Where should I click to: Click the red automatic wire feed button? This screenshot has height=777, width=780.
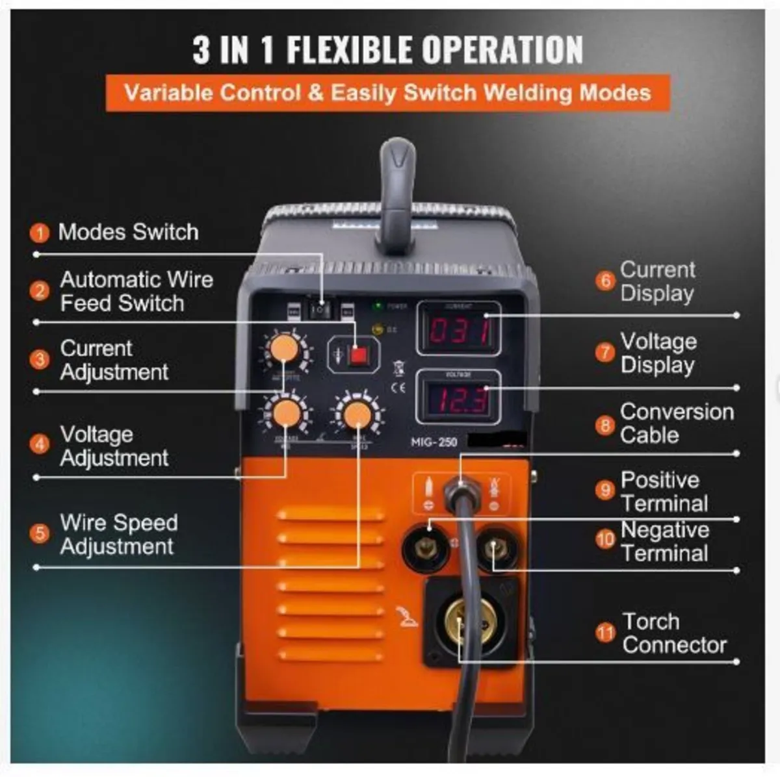[x=357, y=355]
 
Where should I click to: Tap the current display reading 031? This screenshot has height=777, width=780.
[x=459, y=330]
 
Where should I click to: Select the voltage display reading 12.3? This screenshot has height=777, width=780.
[x=459, y=399]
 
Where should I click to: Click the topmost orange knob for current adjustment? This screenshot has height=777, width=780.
[x=284, y=349]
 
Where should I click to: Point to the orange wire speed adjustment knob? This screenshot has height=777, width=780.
[x=356, y=414]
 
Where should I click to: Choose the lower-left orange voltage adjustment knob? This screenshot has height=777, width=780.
[x=285, y=413]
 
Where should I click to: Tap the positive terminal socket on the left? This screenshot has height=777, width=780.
[x=428, y=547]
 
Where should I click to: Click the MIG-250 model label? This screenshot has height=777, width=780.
[x=434, y=442]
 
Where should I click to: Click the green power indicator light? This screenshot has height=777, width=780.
[x=378, y=305]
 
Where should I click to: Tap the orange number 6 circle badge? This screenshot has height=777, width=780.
[x=605, y=281]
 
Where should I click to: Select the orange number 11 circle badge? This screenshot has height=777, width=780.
[x=605, y=633]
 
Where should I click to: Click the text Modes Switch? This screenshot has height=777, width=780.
[x=128, y=232]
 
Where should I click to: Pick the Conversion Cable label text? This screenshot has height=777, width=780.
[x=676, y=423]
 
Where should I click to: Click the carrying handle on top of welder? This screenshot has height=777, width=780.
[x=396, y=195]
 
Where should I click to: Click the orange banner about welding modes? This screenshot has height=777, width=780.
[x=387, y=93]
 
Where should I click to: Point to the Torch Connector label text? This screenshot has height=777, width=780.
[x=673, y=633]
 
